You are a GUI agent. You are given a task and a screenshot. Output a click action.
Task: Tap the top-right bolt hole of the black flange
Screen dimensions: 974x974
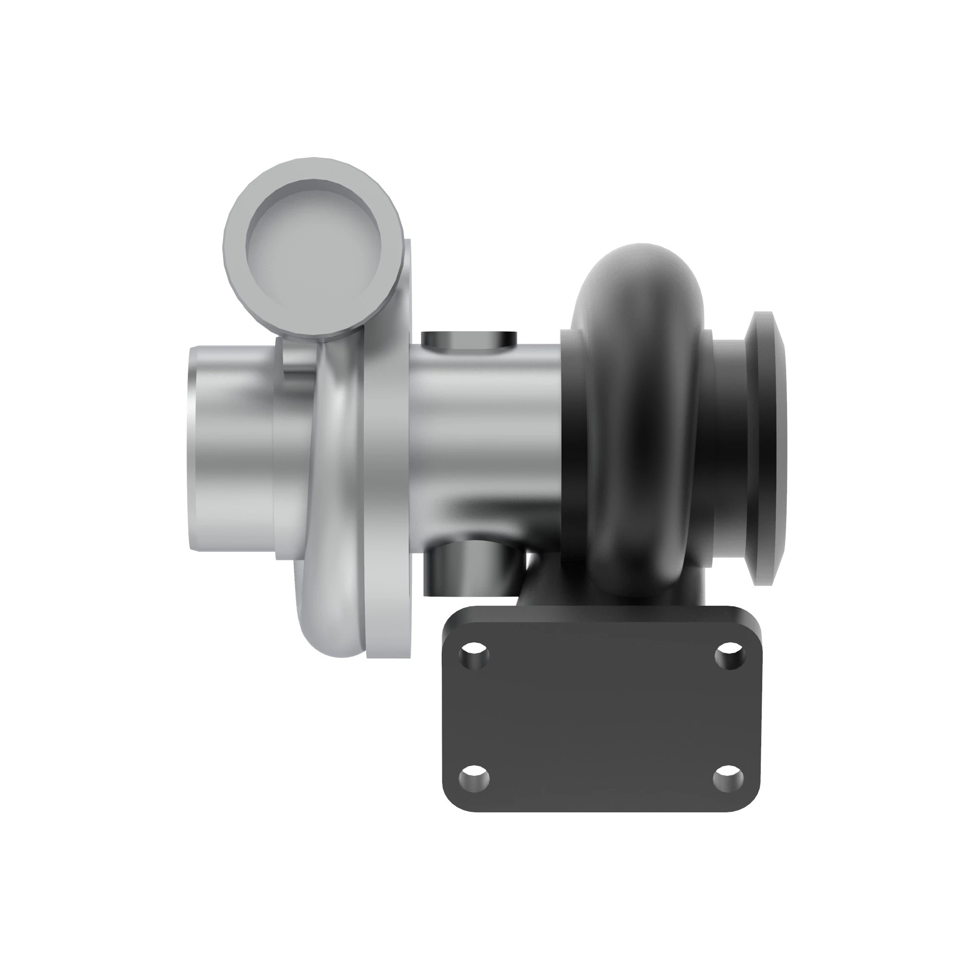[x=730, y=656]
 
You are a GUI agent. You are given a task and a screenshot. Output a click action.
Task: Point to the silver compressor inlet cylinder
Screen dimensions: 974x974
[x=232, y=449]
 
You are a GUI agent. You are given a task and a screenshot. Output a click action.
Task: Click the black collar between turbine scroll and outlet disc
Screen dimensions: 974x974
[x=726, y=449]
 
